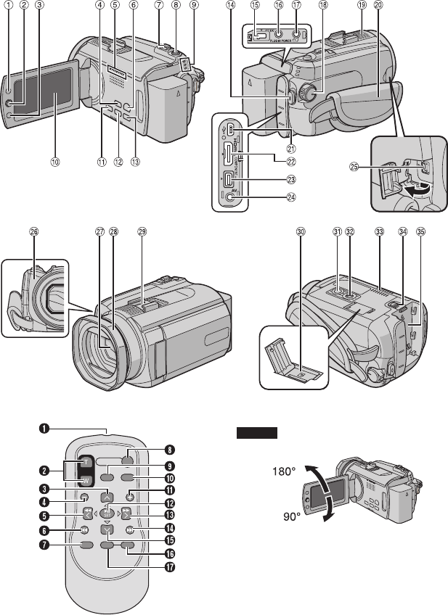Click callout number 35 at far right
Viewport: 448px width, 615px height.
tap(421, 233)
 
